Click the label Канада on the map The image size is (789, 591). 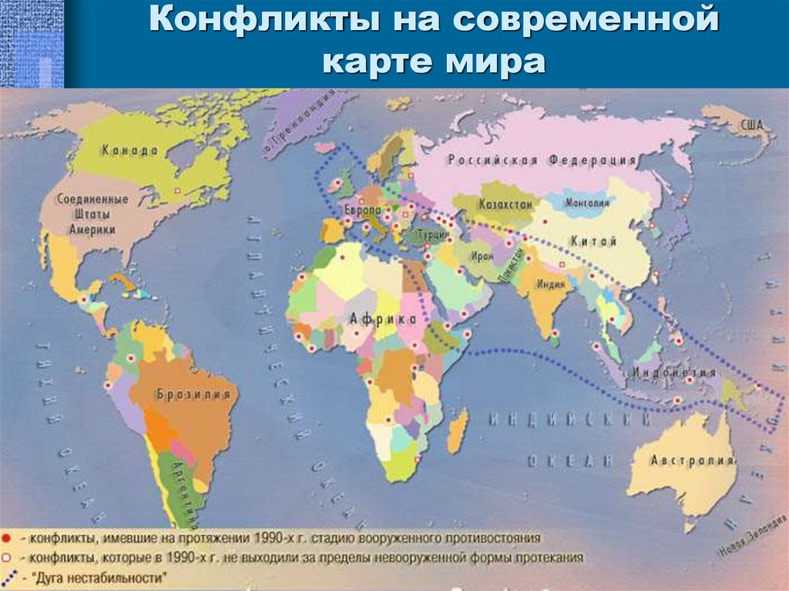click(129, 151)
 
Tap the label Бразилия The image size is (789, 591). click(193, 395)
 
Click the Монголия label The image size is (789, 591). click(587, 203)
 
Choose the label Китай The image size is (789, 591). click(593, 242)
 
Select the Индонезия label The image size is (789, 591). click(673, 373)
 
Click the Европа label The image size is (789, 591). click(363, 210)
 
